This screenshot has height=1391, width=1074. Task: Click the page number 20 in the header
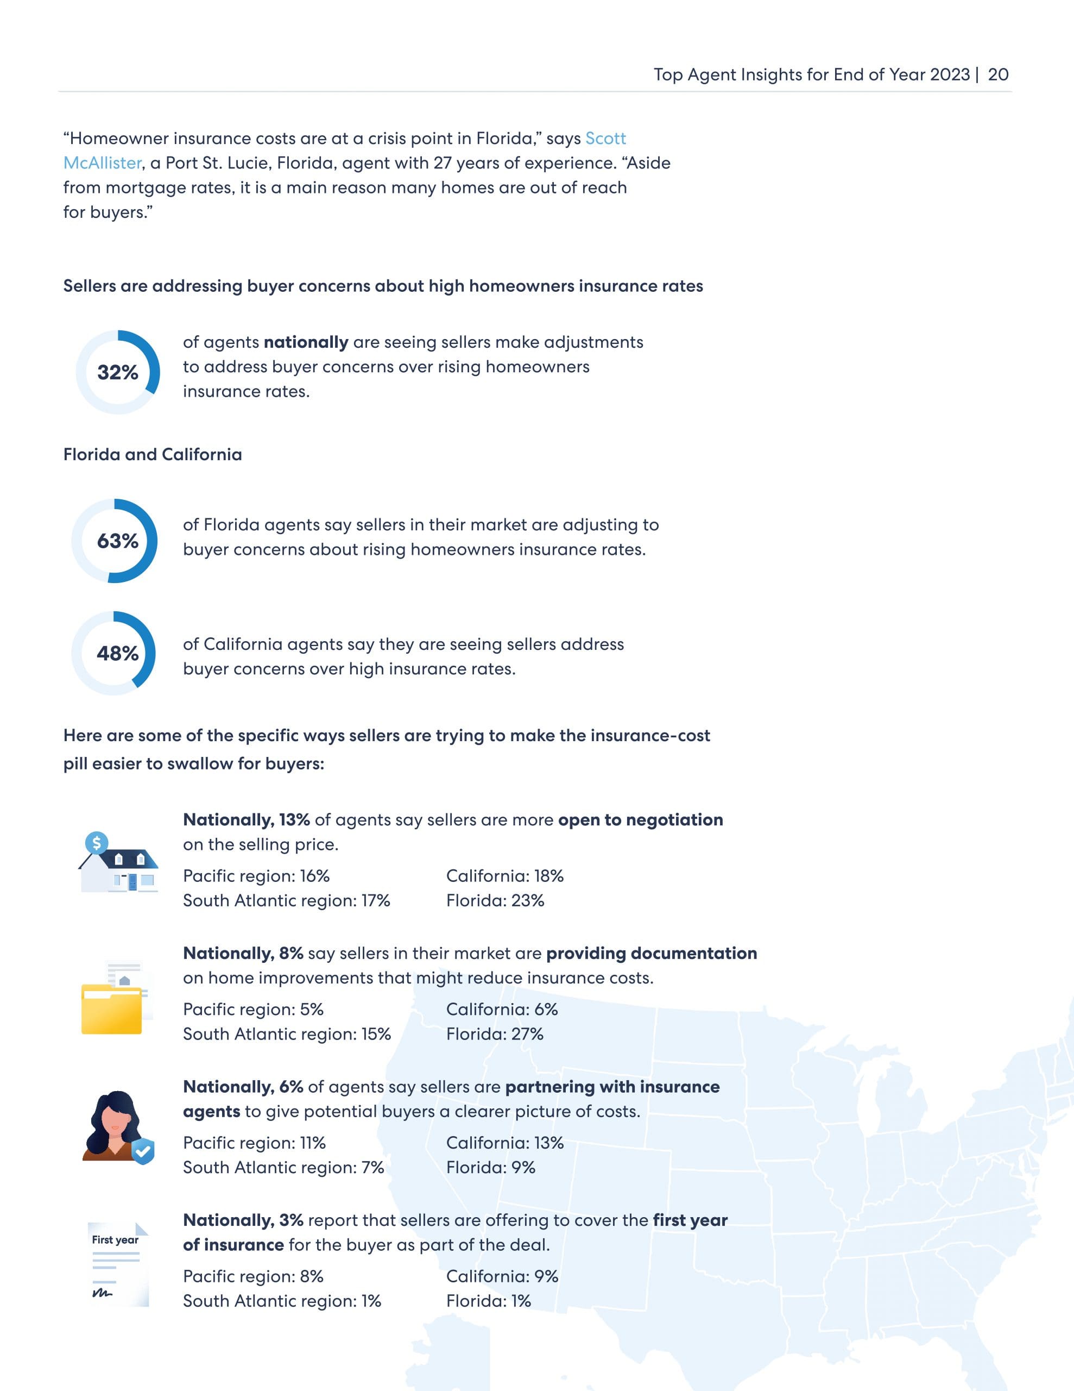point(997,74)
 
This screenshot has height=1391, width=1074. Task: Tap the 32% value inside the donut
point(118,373)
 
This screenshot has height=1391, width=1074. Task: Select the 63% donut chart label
point(118,541)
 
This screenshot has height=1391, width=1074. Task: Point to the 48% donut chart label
point(118,654)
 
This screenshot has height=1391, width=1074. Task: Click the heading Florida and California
point(152,454)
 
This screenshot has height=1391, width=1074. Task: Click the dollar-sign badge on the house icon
point(97,843)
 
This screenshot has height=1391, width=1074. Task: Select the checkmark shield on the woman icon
point(143,1151)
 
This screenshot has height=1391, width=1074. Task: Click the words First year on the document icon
point(115,1239)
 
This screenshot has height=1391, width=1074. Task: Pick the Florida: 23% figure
point(495,900)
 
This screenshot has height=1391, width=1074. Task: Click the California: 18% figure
point(504,876)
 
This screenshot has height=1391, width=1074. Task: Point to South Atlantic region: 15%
point(287,1033)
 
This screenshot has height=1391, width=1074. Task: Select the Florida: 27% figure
point(495,1033)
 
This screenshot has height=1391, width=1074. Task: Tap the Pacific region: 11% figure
point(254,1143)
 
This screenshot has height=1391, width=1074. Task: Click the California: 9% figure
point(502,1276)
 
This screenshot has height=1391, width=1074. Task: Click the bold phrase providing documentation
point(651,953)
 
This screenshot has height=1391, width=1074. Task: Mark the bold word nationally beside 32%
point(306,342)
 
